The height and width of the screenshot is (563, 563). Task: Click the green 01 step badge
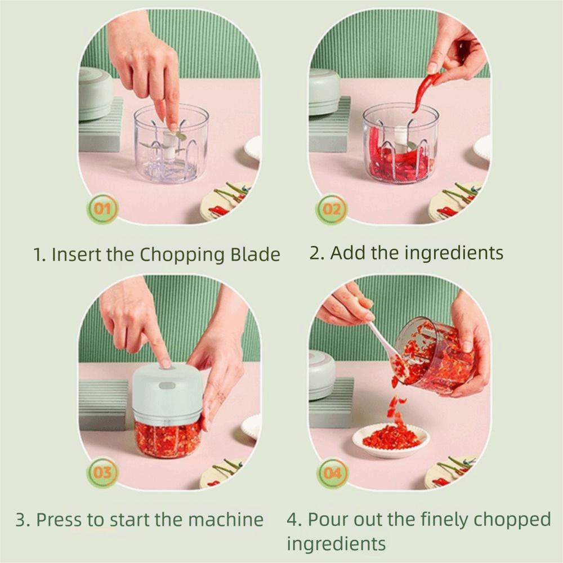pos(102,209)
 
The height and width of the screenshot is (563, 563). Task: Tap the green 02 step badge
pos(332,209)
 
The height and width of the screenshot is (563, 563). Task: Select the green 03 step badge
pos(102,473)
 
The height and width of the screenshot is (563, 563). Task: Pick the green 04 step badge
pos(332,473)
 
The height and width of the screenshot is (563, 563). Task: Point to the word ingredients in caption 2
pos(446,253)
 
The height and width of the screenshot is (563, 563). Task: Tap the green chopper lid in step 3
pos(167,394)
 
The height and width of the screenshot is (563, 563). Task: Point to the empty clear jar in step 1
pos(171,143)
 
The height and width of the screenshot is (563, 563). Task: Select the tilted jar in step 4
pos(434,355)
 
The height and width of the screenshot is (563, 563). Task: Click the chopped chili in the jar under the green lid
pos(167,439)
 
